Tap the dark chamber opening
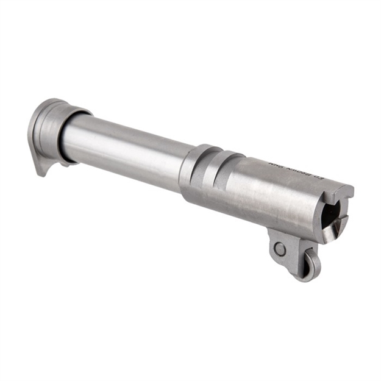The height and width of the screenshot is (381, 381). [329, 213]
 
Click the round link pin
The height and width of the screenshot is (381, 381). [280, 248]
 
